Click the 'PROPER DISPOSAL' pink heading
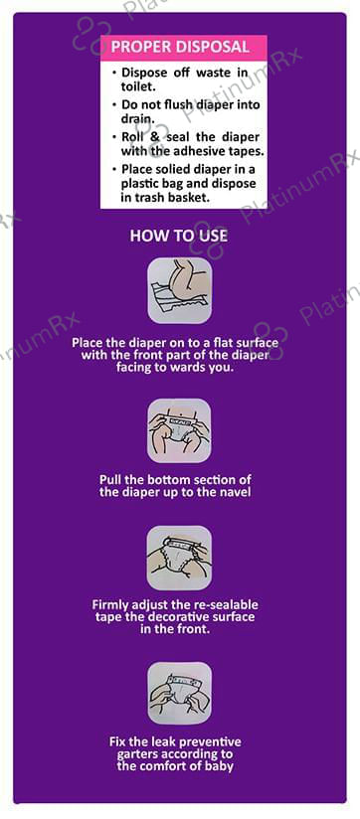pyautogui.click(x=180, y=47)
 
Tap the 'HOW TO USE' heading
pyautogui.click(x=179, y=236)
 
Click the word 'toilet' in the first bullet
pyautogui.click(x=135, y=85)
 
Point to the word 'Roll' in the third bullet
pyautogui.click(x=132, y=137)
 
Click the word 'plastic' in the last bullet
pyautogui.click(x=139, y=184)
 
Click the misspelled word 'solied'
pyautogui.click(x=168, y=169)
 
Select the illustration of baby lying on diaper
pyautogui.click(x=180, y=290)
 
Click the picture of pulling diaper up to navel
pyautogui.click(x=179, y=430)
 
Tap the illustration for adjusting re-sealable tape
pyautogui.click(x=179, y=558)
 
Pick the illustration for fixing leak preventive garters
pyautogui.click(x=179, y=693)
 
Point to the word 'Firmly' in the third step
pyautogui.click(x=109, y=606)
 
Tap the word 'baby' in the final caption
pyautogui.click(x=219, y=766)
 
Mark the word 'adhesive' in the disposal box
pyautogui.click(x=196, y=151)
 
